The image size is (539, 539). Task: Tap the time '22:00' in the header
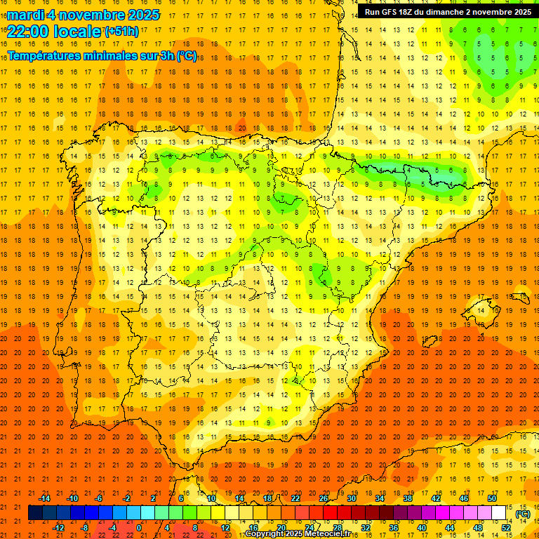point(27,30)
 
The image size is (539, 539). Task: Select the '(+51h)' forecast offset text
point(121,31)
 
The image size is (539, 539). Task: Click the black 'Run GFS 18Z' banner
point(448,11)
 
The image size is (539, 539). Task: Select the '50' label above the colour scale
point(492,498)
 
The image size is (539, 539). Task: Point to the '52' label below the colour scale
point(506,528)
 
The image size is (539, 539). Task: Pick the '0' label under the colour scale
point(139,528)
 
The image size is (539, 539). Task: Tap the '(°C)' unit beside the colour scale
point(523,513)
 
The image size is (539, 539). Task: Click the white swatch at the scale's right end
point(499,512)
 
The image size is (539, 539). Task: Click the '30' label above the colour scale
point(352,498)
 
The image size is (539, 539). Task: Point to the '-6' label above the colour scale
point(99,498)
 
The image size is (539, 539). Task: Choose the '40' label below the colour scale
point(422,528)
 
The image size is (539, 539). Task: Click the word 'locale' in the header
point(76,30)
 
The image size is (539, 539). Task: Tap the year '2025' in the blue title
point(139,15)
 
